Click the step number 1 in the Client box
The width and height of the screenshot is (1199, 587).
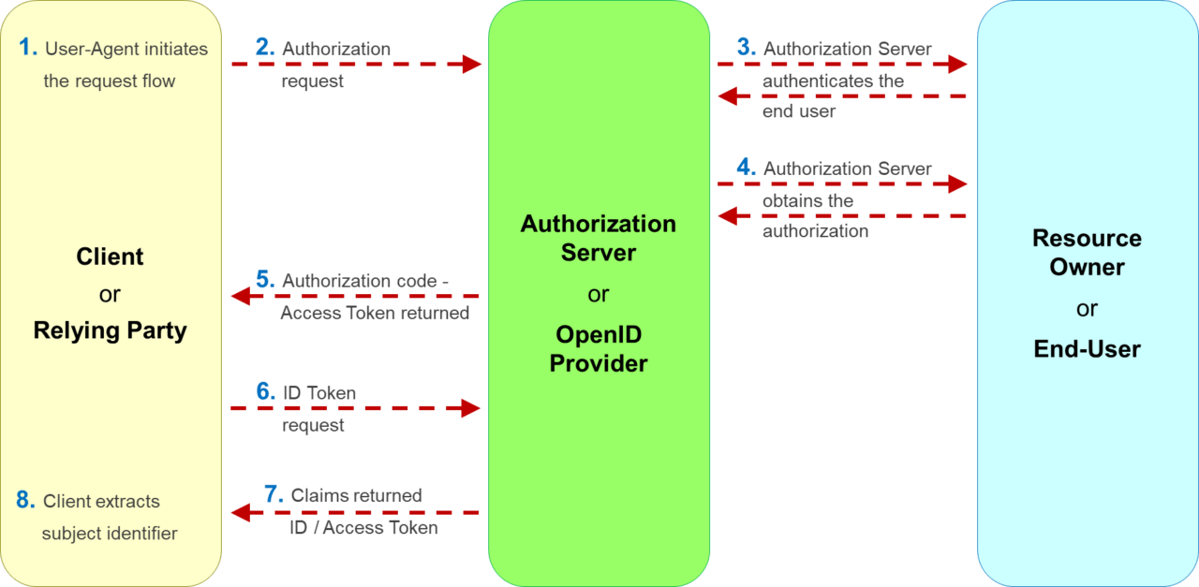coord(27,47)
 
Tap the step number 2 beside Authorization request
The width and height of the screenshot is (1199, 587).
coord(264,48)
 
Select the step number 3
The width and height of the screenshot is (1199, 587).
coord(746,48)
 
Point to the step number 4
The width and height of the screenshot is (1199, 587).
coord(746,168)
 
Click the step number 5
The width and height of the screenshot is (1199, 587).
coord(264,280)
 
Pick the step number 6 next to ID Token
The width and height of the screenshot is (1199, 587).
coord(265,392)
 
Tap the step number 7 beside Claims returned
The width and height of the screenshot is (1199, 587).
coord(274,494)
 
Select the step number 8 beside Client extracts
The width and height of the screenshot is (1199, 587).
coord(25,500)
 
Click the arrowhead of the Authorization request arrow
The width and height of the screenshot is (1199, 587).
coord(471,64)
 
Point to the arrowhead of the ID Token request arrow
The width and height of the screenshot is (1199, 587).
coord(471,408)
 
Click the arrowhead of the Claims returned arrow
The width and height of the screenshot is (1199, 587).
coord(242,512)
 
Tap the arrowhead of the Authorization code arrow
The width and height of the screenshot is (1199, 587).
coord(242,297)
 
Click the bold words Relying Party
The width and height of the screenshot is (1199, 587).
coord(110,330)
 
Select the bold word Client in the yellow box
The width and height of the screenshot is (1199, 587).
coord(110,257)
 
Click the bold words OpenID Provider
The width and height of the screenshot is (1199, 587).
coord(598,348)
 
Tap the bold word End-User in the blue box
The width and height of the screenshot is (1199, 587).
coord(1087,349)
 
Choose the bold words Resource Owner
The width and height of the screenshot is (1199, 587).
coord(1087,252)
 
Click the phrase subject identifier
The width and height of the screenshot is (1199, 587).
coord(110,534)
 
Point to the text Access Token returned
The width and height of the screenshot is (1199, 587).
coord(375,314)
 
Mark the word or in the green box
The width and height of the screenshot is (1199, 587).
coord(598,295)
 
